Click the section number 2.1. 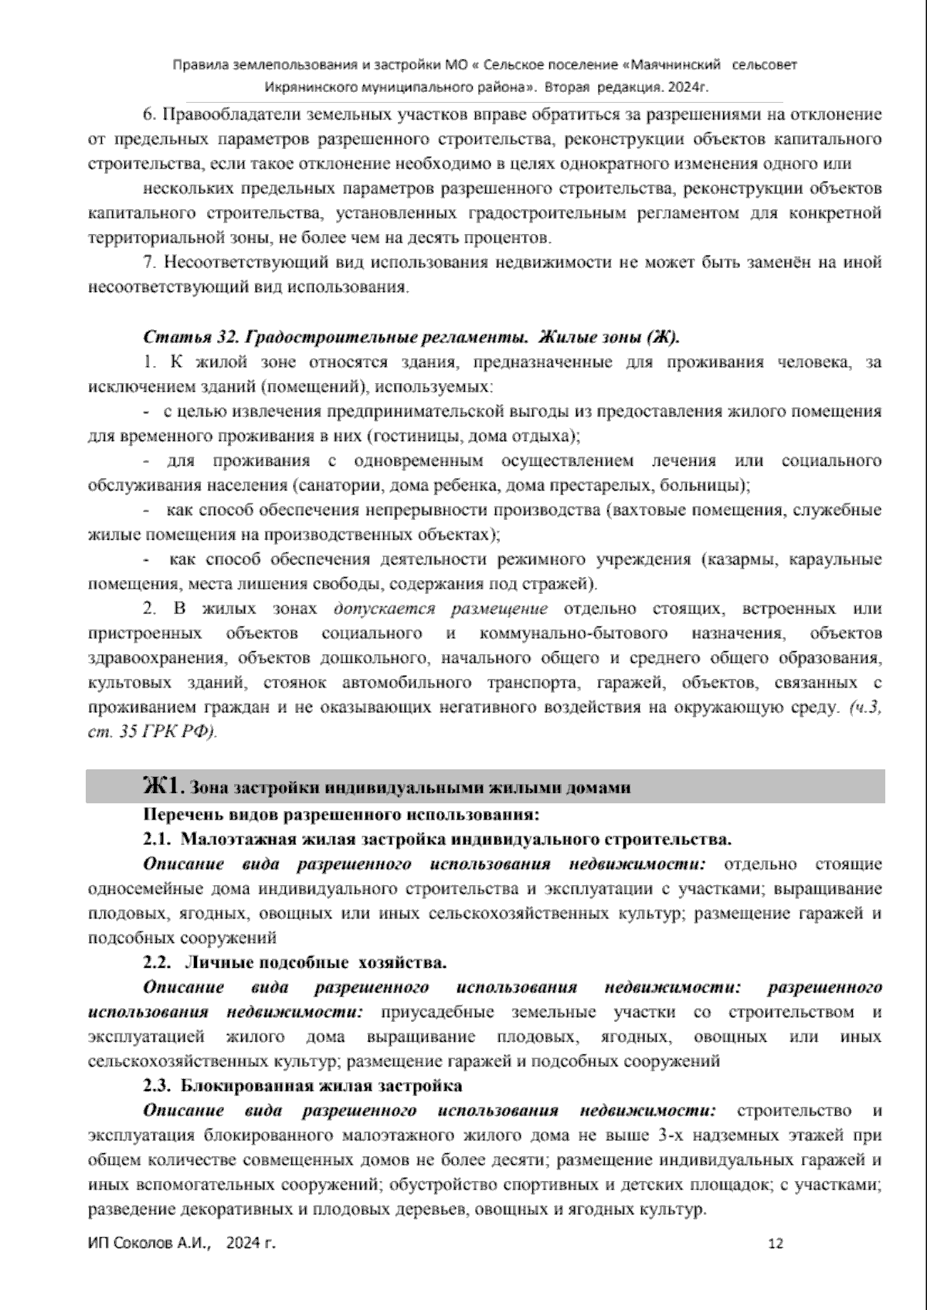(x=158, y=839)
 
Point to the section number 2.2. (x=158, y=962)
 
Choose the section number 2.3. (x=158, y=1085)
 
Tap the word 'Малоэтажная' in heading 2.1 (x=231, y=839)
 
